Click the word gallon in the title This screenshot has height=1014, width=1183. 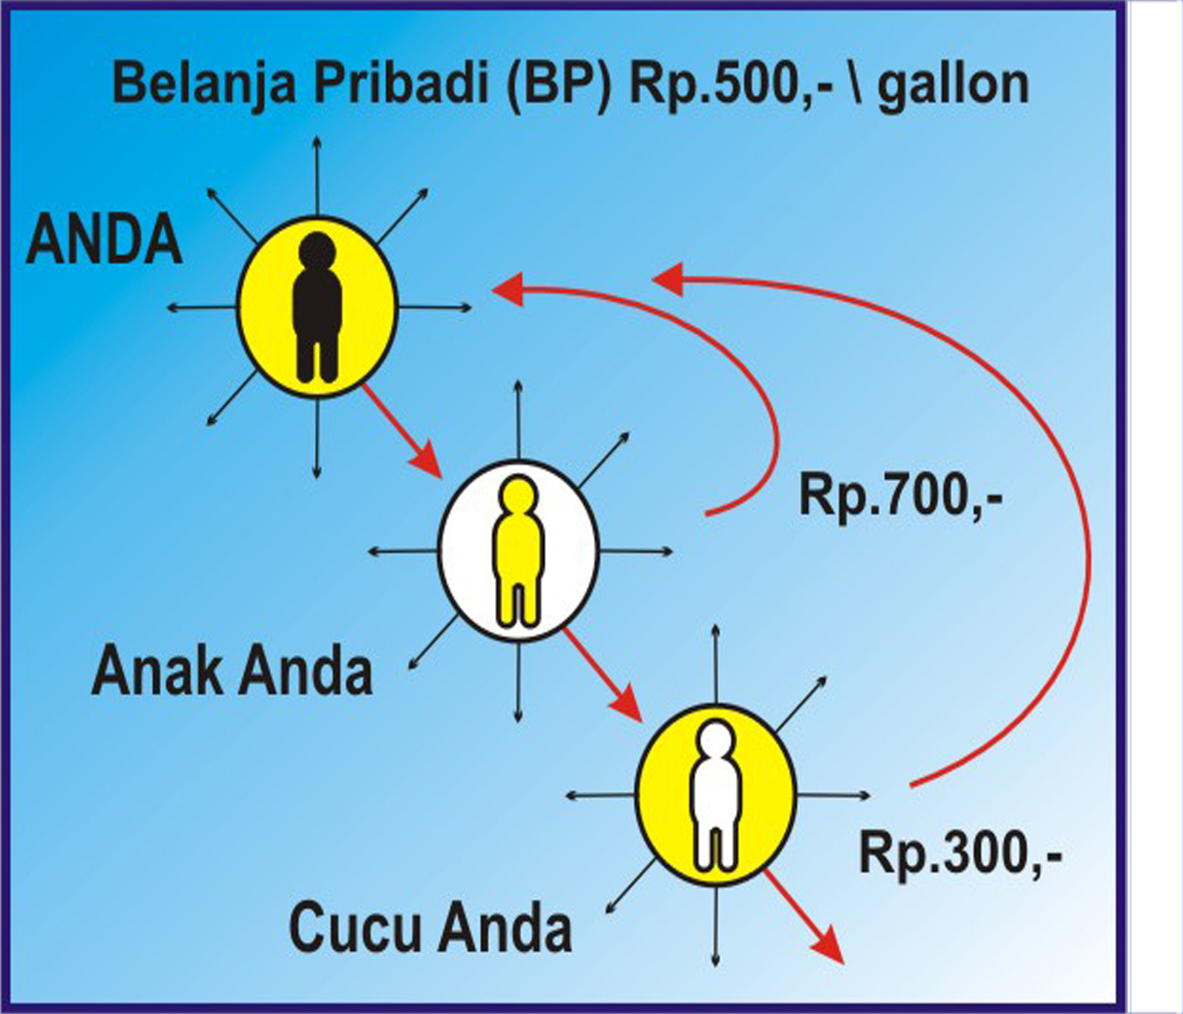[x=953, y=85]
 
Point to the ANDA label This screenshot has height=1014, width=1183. [x=104, y=240]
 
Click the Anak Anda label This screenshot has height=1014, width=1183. [x=232, y=671]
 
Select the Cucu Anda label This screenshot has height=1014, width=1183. [x=430, y=929]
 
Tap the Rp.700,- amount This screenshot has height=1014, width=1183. [x=901, y=495]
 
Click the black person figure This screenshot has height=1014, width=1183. [x=317, y=307]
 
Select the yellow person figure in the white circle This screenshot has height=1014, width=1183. [x=518, y=550]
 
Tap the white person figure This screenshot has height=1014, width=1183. [x=716, y=795]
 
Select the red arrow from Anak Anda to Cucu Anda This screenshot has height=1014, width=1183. [x=603, y=675]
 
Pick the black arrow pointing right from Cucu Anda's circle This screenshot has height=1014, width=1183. [x=834, y=795]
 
